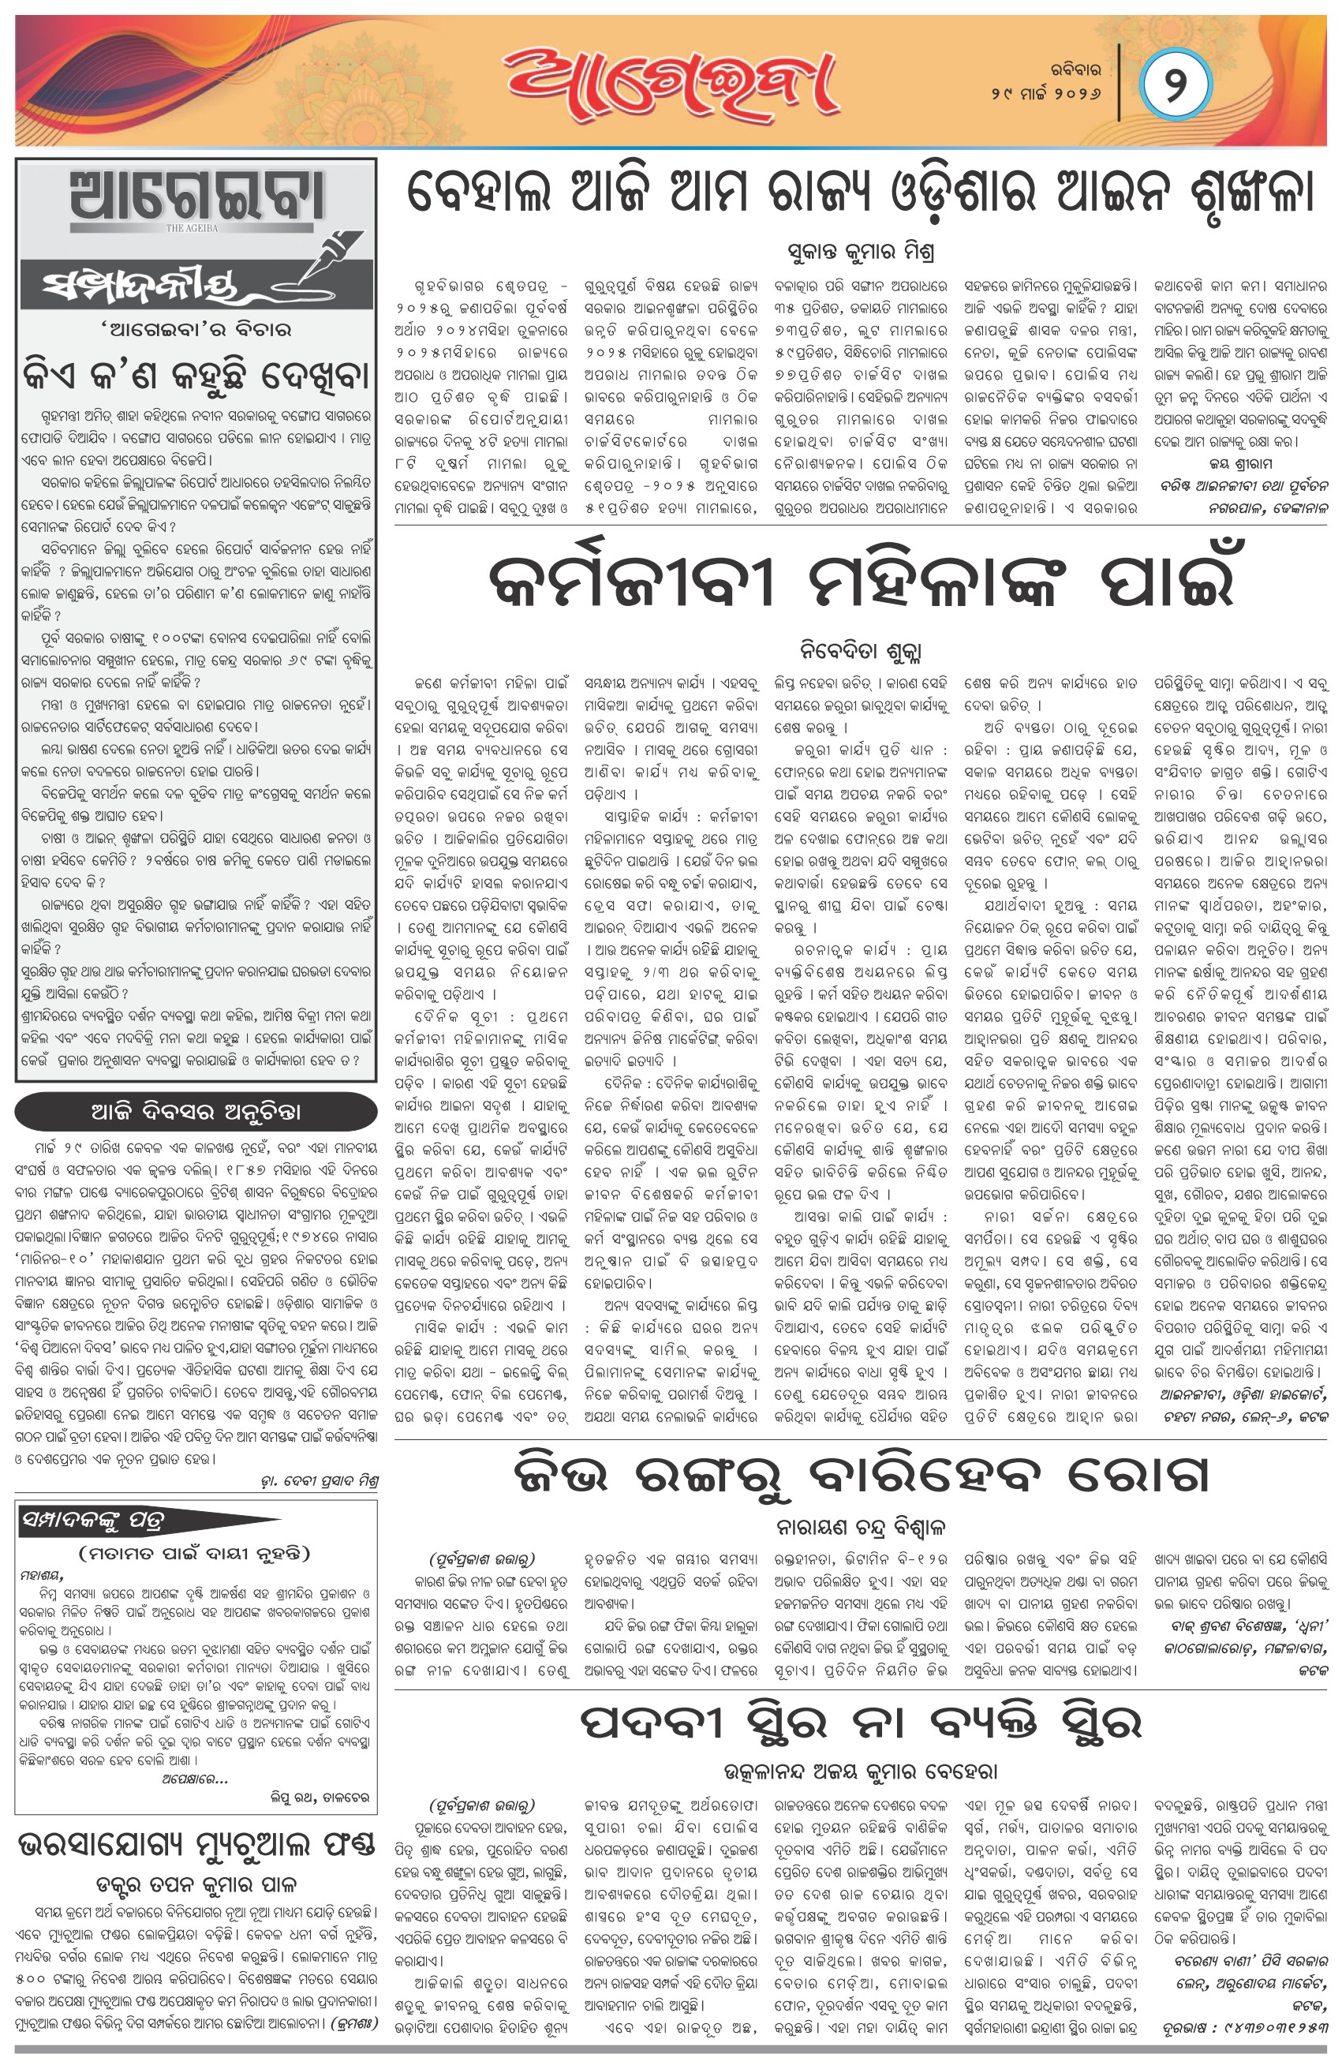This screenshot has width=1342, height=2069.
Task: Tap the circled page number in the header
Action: [x=1176, y=85]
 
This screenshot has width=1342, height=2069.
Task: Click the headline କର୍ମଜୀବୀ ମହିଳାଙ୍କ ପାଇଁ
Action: [x=861, y=582]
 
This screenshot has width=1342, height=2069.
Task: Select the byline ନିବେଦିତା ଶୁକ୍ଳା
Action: [x=861, y=650]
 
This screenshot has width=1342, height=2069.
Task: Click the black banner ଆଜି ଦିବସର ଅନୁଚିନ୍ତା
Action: [x=196, y=1112]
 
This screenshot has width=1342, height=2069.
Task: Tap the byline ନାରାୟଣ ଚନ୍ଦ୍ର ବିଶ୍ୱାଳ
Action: [x=861, y=1527]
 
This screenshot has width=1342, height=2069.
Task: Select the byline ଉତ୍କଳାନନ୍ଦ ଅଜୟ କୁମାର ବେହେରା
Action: [x=861, y=1771]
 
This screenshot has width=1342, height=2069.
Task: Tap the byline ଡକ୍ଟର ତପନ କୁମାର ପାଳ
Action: [x=196, y=1884]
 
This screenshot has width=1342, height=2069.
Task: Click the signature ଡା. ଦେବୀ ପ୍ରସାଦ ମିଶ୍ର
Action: [x=319, y=1480]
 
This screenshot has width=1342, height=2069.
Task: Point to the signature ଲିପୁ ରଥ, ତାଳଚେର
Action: [x=319, y=1796]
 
